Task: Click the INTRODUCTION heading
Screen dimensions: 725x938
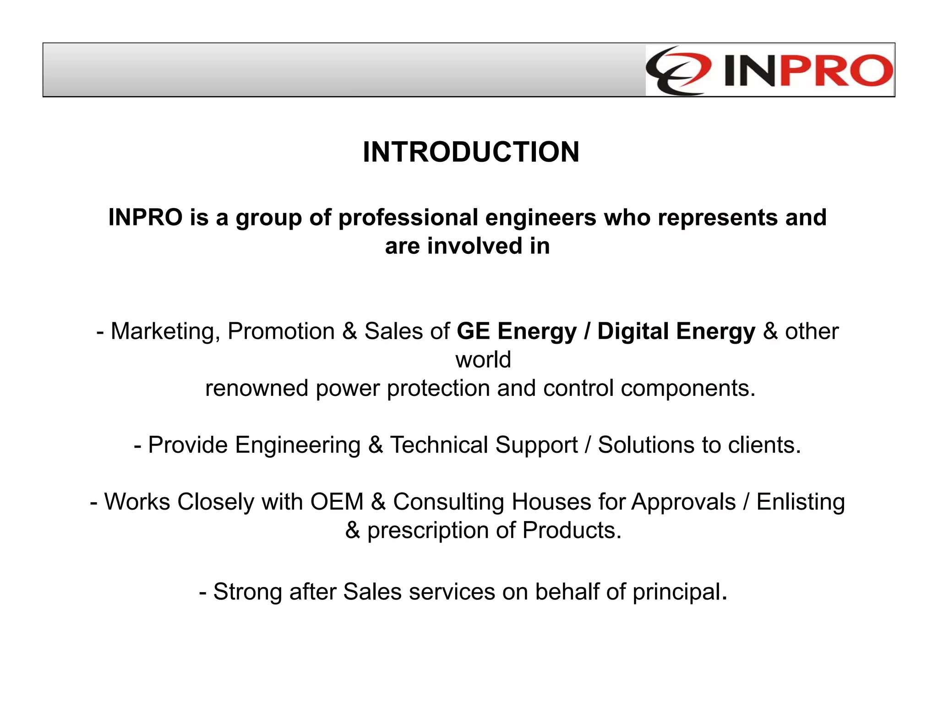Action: point(471,152)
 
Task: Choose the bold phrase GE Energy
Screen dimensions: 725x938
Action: point(517,331)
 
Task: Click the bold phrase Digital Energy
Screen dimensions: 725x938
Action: point(676,331)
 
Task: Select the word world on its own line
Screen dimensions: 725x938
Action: point(483,360)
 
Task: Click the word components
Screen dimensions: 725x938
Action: point(687,388)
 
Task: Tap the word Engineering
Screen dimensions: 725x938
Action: point(298,445)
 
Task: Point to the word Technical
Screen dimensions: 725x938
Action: point(439,445)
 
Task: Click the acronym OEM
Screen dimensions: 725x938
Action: point(337,502)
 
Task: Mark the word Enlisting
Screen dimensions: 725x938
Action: point(800,502)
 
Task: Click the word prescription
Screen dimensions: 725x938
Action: point(428,531)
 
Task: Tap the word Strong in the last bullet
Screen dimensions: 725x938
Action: point(248,592)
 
